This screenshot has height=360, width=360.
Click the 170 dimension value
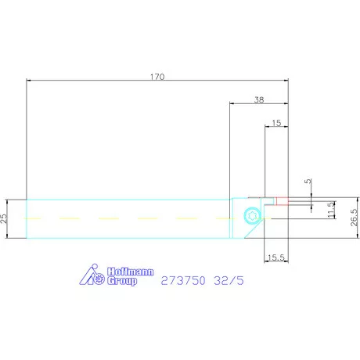(x=157, y=77)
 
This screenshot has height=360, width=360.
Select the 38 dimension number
(x=259, y=99)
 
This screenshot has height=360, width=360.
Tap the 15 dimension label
(x=276, y=123)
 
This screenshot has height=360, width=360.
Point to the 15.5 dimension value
(x=276, y=257)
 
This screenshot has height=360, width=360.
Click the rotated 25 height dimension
(x=4, y=218)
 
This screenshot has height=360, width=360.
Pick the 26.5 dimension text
(x=354, y=218)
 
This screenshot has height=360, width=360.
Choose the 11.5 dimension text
(x=331, y=210)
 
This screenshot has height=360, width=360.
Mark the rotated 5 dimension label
(x=308, y=181)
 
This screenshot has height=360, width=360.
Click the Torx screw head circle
(x=253, y=215)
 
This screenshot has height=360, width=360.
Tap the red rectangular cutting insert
(x=283, y=201)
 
